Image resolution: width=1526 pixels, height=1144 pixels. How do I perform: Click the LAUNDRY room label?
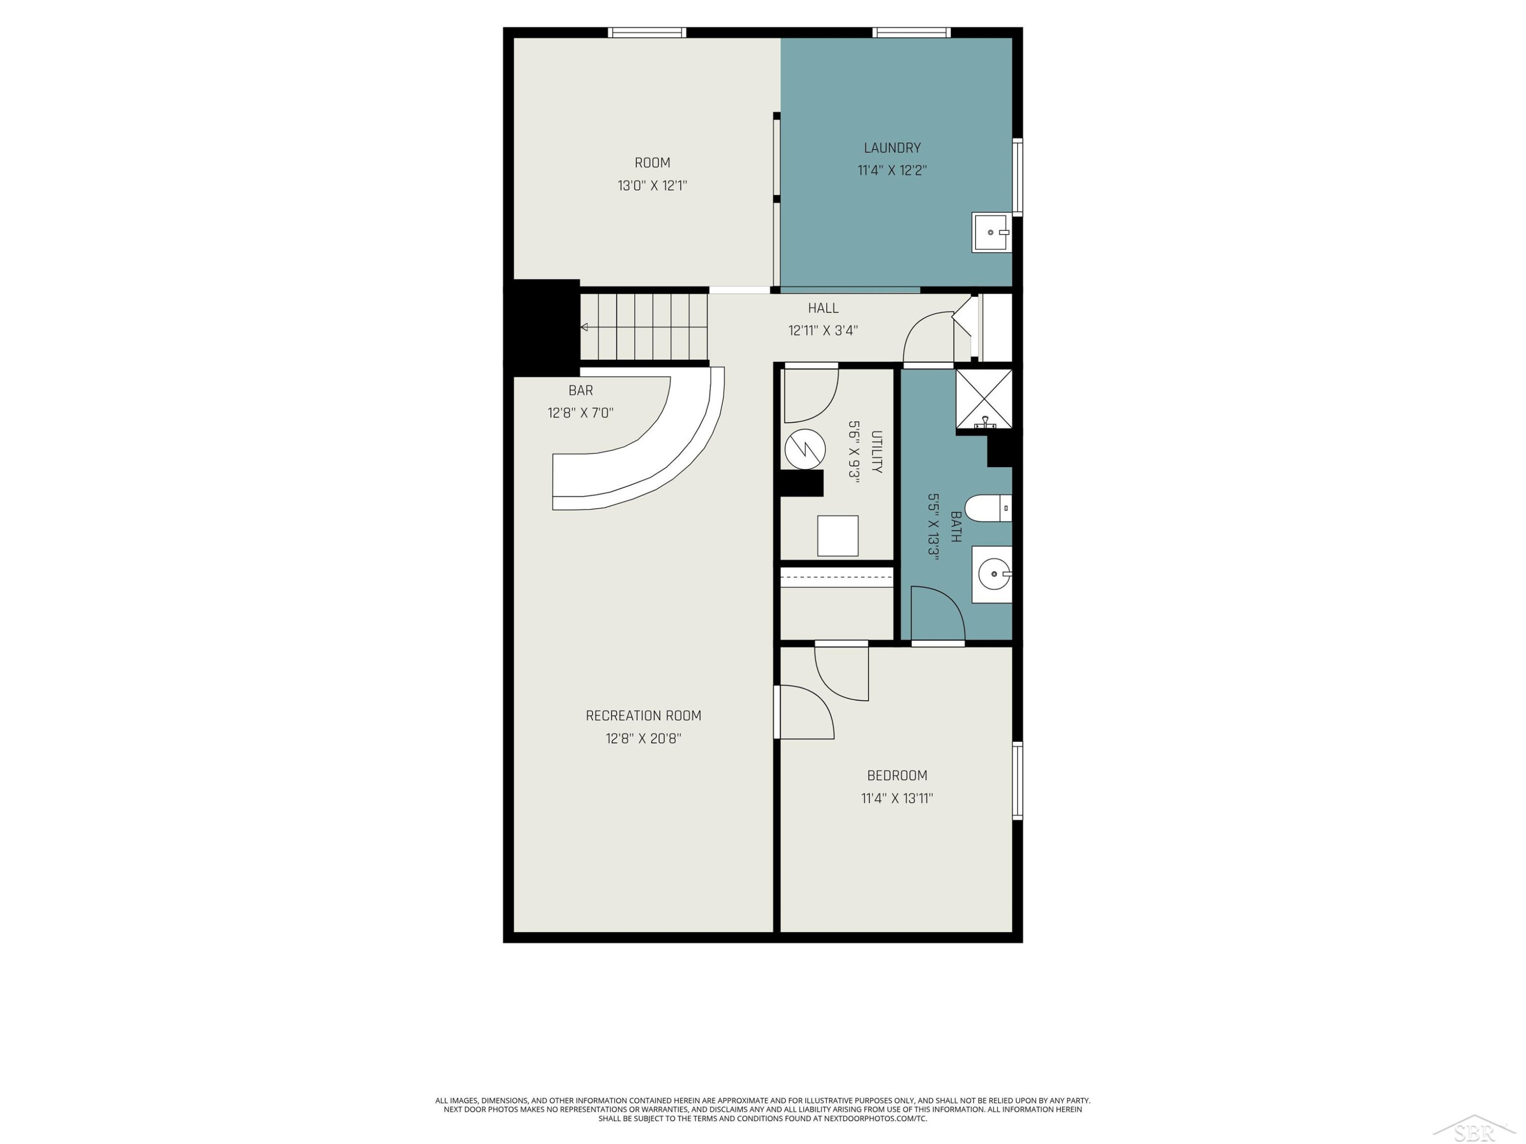click(x=892, y=147)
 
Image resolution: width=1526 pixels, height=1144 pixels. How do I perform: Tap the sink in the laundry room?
click(x=991, y=232)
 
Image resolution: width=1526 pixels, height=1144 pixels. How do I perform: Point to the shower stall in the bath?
click(x=984, y=399)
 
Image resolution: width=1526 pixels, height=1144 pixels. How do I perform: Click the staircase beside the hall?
click(x=643, y=327)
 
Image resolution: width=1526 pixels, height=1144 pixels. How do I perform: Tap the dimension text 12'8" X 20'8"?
click(x=643, y=739)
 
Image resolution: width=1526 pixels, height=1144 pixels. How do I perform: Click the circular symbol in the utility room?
click(x=805, y=449)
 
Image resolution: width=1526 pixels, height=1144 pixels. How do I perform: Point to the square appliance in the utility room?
click(x=837, y=536)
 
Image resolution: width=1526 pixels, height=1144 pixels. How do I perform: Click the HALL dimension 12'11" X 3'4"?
click(x=823, y=330)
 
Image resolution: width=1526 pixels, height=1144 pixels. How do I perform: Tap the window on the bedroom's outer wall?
click(x=1017, y=780)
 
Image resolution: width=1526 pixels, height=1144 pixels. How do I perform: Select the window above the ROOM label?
click(x=647, y=33)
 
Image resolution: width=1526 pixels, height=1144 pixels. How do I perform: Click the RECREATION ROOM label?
click(x=643, y=716)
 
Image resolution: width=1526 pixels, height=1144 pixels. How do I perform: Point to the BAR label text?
click(x=581, y=390)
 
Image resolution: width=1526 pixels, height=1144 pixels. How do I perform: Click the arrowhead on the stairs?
click(x=583, y=327)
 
